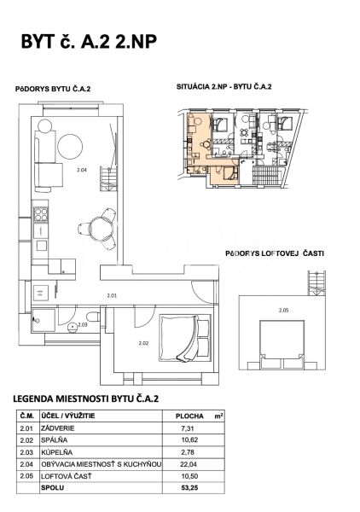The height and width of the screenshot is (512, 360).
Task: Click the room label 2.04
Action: point(82,170)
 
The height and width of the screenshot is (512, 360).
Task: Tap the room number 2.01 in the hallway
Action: point(112,296)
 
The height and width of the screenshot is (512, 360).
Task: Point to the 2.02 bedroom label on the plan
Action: point(143,343)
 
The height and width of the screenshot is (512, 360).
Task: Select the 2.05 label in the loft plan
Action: point(284,311)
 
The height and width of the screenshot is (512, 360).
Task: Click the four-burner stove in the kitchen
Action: point(41,214)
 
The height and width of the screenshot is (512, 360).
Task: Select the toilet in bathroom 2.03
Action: point(93,317)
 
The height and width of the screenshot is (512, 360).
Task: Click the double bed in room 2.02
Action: point(185,338)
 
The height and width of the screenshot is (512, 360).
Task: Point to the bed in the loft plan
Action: point(282,345)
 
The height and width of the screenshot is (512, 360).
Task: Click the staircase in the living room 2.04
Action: point(108,179)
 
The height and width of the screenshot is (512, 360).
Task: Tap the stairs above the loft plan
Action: point(316,283)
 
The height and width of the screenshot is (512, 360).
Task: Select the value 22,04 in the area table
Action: point(189,464)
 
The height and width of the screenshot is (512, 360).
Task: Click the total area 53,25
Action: point(189,488)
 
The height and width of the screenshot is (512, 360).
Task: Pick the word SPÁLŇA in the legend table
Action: point(55,440)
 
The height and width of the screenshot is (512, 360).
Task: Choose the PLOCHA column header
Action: point(189,416)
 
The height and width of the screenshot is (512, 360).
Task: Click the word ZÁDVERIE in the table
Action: point(58,428)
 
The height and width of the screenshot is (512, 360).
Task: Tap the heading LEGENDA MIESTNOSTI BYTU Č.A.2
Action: point(85,399)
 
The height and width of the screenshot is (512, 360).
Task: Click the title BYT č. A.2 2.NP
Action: point(89,42)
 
